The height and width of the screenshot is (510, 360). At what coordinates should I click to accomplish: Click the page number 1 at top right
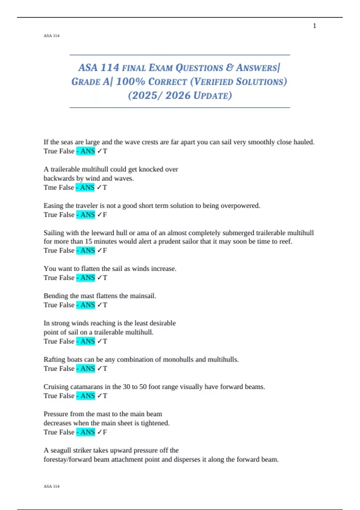click(x=314, y=26)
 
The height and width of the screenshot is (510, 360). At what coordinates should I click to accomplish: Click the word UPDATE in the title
click(x=213, y=96)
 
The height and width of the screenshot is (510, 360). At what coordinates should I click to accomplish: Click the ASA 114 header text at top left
click(x=52, y=36)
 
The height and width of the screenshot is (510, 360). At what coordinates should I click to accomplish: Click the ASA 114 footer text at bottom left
click(x=52, y=486)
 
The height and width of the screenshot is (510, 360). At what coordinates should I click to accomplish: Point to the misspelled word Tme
click(x=50, y=187)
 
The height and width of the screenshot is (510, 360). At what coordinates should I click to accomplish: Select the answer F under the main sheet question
click(x=105, y=432)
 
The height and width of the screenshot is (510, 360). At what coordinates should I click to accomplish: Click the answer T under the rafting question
click(x=105, y=369)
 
